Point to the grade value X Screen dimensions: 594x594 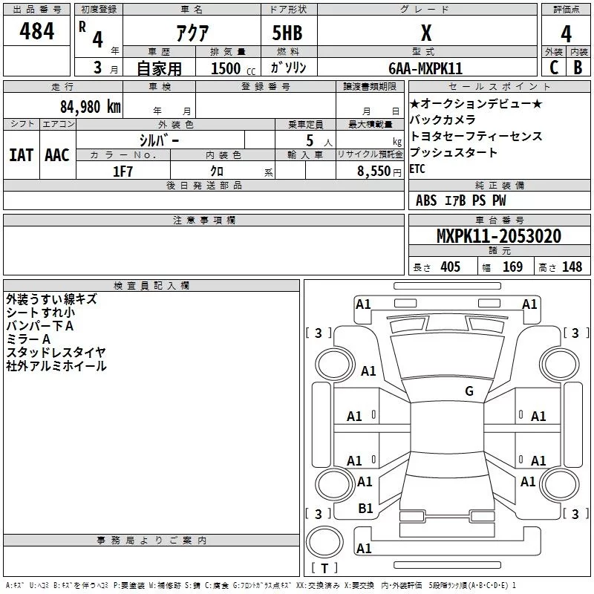click(425, 33)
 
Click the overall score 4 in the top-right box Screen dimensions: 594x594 click(566, 34)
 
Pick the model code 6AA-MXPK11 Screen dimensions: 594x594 click(425, 68)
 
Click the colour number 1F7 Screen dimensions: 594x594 click(123, 172)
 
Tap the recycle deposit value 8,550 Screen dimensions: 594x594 click(374, 172)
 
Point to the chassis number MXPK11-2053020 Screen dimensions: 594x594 click(498, 237)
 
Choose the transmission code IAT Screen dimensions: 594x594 click(21, 155)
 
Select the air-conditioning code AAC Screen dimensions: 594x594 click(56, 155)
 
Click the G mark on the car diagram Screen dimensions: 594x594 click(469, 391)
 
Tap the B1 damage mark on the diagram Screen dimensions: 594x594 click(365, 509)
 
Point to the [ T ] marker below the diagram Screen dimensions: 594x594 click(324, 569)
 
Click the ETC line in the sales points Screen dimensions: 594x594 click(418, 169)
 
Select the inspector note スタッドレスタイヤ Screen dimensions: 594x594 click(56, 352)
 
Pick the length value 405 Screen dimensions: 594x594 click(449, 267)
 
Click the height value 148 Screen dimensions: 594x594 click(572, 267)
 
